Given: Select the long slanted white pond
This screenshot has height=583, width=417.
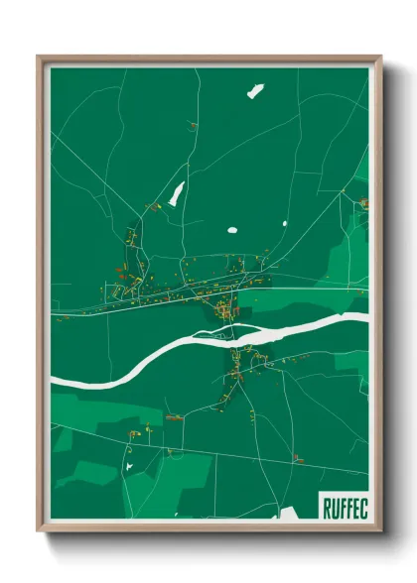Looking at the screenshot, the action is point(177,194).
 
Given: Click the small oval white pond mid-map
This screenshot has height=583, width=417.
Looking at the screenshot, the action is point(232,231).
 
